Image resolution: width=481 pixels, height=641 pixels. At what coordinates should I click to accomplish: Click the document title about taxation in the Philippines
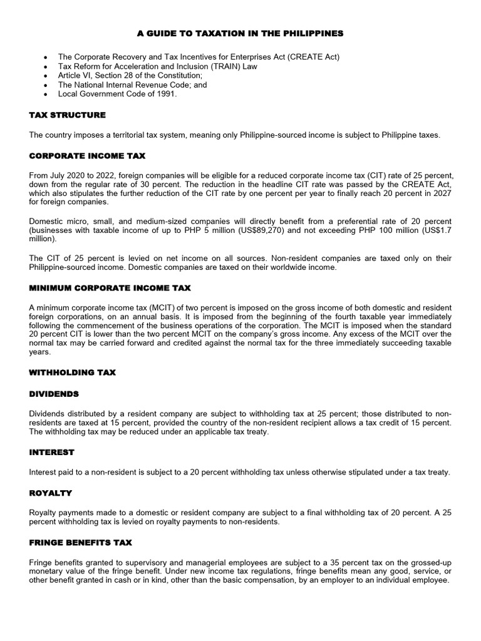pyautogui.click(x=240, y=33)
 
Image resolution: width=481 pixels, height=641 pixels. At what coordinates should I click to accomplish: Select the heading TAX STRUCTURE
pyautogui.click(x=68, y=115)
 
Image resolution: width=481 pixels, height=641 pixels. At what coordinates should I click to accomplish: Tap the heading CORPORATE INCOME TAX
pyautogui.click(x=88, y=155)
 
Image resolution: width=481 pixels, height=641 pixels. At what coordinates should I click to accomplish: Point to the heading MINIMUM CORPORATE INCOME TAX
pyautogui.click(x=110, y=288)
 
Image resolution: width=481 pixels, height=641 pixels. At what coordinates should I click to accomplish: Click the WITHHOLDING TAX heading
pyautogui.click(x=73, y=372)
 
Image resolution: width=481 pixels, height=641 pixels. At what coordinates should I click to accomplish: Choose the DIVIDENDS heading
pyautogui.click(x=54, y=394)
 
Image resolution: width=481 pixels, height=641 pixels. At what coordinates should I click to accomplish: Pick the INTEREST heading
pyautogui.click(x=52, y=452)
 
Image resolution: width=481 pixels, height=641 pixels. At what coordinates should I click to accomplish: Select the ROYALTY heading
pyautogui.click(x=51, y=493)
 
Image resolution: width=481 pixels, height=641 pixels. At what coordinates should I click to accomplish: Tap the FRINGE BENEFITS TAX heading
pyautogui.click(x=81, y=542)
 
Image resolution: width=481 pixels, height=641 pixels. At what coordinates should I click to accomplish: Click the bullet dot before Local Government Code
pyautogui.click(x=46, y=95)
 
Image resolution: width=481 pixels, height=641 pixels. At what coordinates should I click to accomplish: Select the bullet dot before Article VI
pyautogui.click(x=46, y=76)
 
